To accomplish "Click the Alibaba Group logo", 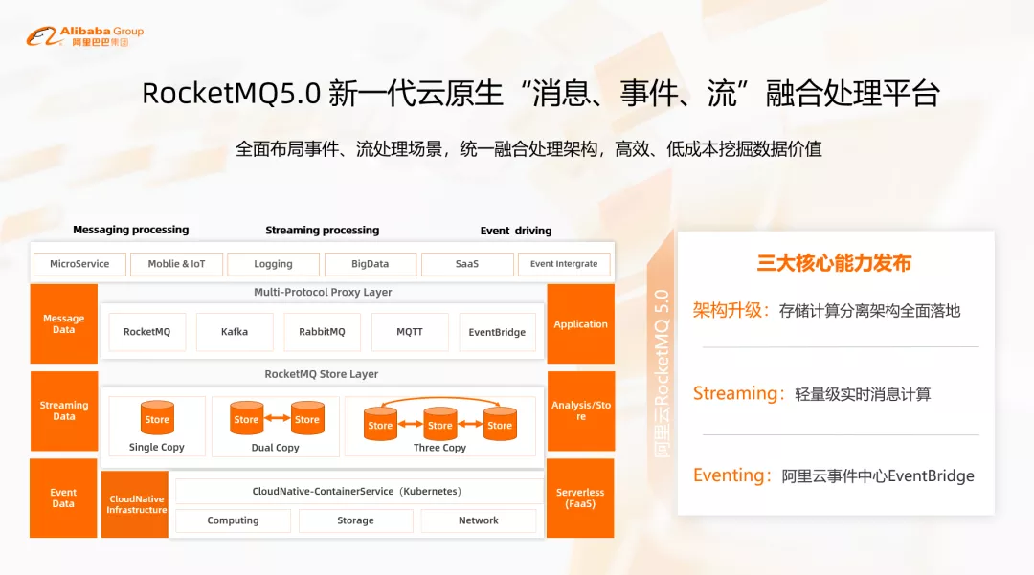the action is [x=85, y=36].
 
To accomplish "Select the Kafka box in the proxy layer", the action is [x=235, y=332].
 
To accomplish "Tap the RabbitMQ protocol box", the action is [x=322, y=332].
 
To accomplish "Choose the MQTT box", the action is [x=410, y=332].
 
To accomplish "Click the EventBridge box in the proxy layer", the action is [x=497, y=332].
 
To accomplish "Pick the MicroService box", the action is [x=79, y=264].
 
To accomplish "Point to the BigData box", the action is [x=370, y=264].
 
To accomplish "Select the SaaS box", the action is [x=467, y=264].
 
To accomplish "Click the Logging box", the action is [x=273, y=264].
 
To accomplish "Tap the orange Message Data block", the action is [x=64, y=323].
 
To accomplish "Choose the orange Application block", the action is [x=580, y=323].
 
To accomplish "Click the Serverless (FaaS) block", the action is [x=580, y=498].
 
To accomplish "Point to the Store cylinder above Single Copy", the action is [x=157, y=417].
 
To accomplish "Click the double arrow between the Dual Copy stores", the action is [x=277, y=418].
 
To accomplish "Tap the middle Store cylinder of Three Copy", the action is [x=439, y=424].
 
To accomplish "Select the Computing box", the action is [x=233, y=520].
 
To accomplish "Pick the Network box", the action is [x=478, y=520].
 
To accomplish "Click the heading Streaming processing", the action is [x=323, y=230].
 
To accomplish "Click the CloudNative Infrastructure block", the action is [x=135, y=504].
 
